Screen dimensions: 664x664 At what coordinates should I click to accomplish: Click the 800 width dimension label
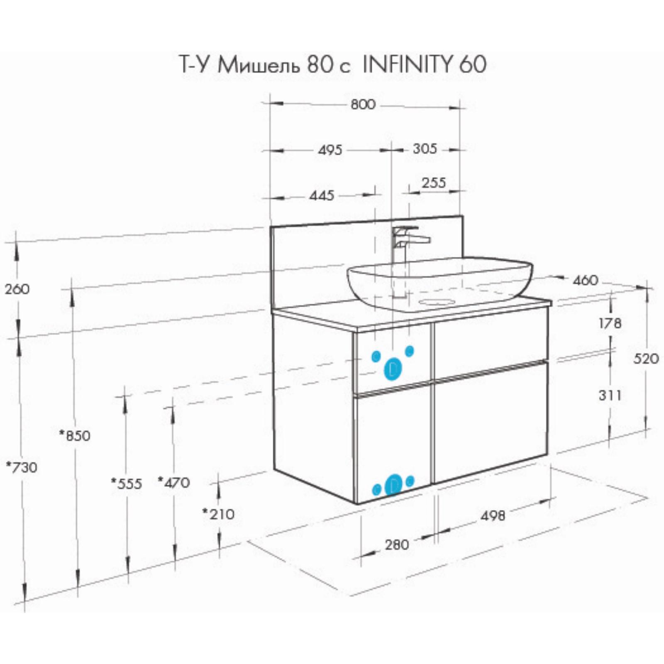(x=363, y=104)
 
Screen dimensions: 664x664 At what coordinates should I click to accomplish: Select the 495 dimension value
(x=330, y=149)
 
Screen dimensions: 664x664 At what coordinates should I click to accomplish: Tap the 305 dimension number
(x=425, y=149)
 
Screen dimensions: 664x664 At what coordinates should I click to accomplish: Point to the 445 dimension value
(x=322, y=195)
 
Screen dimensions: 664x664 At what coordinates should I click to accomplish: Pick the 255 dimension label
(x=434, y=183)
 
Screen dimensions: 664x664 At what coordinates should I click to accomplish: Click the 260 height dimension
(x=17, y=289)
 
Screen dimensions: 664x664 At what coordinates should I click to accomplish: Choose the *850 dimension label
(x=75, y=435)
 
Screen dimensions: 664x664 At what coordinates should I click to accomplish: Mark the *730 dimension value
(x=22, y=467)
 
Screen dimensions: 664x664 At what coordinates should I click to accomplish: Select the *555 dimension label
(x=127, y=483)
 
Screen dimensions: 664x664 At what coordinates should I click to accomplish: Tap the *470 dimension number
(x=174, y=482)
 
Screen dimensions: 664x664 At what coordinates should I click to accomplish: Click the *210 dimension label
(x=219, y=514)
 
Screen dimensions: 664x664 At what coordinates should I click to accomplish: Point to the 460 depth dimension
(x=586, y=281)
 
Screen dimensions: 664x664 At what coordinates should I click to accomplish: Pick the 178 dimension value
(x=610, y=323)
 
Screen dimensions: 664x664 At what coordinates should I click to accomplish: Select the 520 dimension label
(x=646, y=359)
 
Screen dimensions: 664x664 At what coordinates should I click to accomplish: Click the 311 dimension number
(x=610, y=395)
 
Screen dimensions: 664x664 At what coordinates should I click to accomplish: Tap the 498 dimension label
(x=493, y=515)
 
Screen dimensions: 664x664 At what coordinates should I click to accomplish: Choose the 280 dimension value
(x=397, y=544)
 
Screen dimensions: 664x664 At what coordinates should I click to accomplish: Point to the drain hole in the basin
(x=437, y=301)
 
